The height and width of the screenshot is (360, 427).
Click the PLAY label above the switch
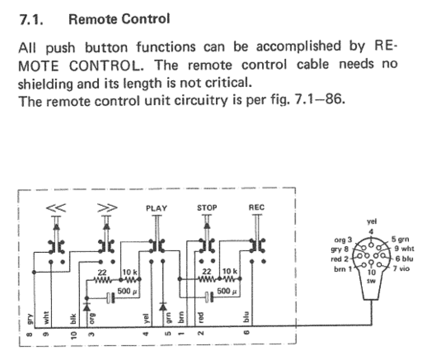pyautogui.click(x=156, y=208)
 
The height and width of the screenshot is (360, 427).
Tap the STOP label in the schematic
pyautogui.click(x=207, y=208)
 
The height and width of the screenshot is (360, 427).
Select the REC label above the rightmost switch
pyautogui.click(x=256, y=208)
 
